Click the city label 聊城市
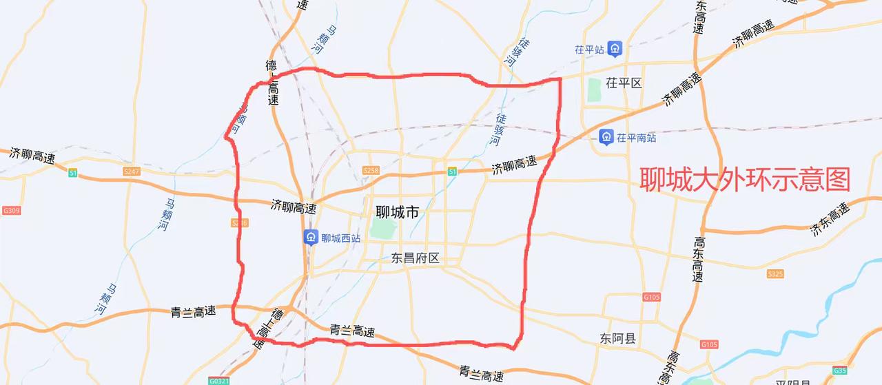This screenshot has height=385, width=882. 397,213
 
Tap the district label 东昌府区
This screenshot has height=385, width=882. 415,258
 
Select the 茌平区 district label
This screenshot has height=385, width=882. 624,83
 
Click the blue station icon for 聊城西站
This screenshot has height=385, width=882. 311,238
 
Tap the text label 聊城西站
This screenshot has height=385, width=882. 341,238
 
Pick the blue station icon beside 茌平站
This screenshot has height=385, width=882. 615,49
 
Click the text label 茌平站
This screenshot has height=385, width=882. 589,50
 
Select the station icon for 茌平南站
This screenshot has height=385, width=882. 606,137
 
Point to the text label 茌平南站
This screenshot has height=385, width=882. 636,138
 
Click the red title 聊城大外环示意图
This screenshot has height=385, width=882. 745,180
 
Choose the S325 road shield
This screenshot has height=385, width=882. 775,274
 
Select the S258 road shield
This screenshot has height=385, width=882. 371,170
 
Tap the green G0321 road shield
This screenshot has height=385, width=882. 219,379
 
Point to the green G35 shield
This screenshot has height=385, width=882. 839,371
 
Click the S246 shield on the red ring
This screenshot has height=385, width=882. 239,223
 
